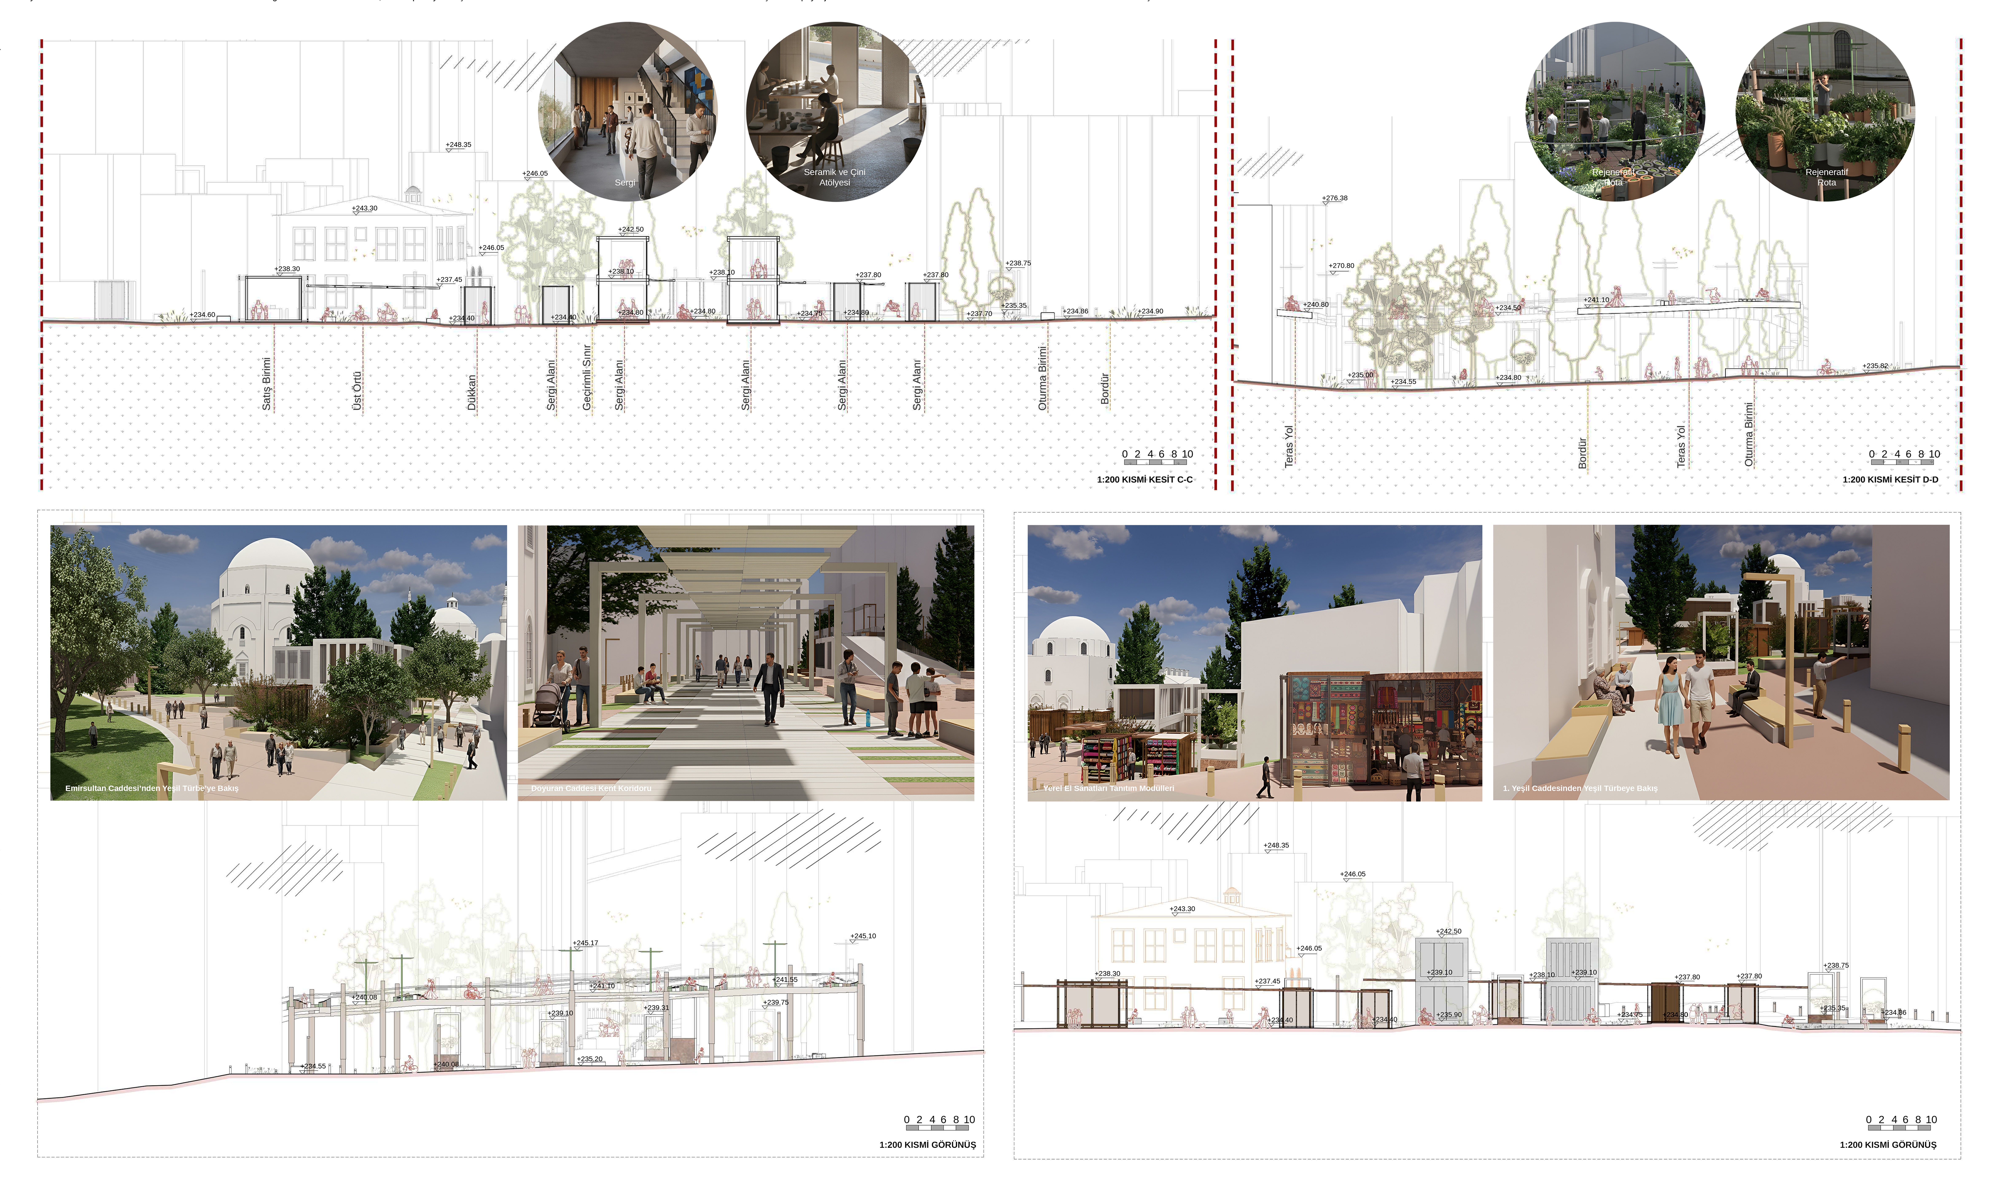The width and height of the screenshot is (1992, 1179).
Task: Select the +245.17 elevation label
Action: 586,943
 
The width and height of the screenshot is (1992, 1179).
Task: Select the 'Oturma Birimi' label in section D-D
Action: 1749,434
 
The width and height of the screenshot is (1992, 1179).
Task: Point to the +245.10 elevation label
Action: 863,936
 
